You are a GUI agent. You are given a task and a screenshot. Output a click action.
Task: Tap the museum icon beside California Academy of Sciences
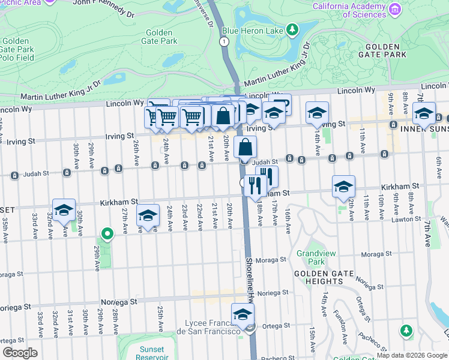[394, 9]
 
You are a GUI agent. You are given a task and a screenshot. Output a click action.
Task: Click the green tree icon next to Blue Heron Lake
[292, 29]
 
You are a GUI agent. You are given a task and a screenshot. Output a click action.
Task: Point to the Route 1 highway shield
[224, 41]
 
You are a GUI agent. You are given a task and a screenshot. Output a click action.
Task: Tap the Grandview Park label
[311, 258]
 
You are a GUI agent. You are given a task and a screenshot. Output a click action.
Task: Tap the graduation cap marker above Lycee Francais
[243, 314]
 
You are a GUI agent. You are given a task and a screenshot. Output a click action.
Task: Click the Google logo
[20, 353]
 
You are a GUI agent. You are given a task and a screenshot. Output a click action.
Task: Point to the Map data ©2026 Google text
[412, 355]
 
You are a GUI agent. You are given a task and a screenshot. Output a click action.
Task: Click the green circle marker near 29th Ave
[107, 233]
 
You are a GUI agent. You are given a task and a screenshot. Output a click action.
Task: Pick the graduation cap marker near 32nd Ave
[64, 210]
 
